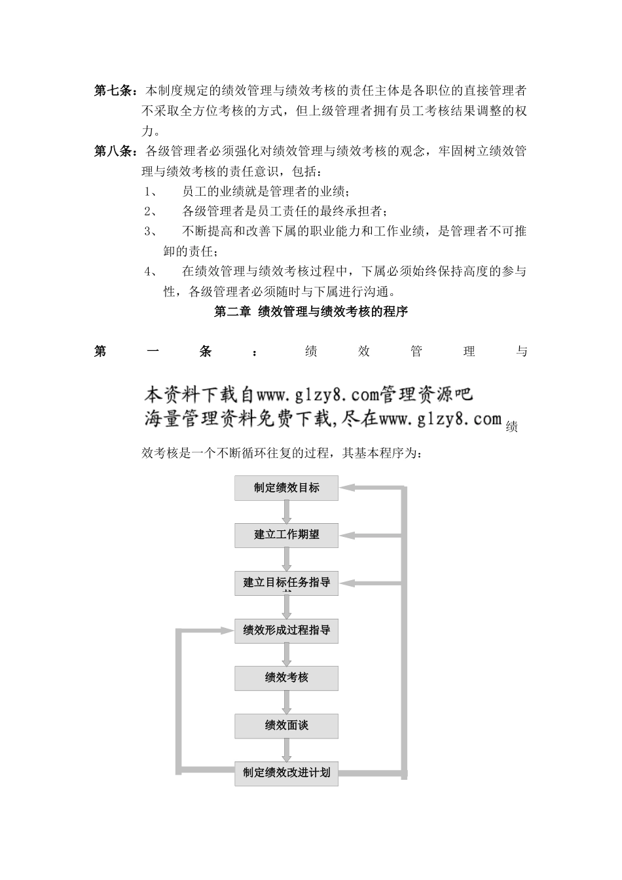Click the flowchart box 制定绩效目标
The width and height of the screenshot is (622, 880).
click(286, 488)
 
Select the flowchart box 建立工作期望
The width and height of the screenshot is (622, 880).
click(286, 535)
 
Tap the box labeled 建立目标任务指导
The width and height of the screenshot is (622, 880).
click(286, 583)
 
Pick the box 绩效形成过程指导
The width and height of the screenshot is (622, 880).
click(286, 631)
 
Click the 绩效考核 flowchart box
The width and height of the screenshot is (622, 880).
click(286, 678)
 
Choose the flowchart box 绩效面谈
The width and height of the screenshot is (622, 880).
click(286, 725)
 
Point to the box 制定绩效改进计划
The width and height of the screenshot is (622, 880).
click(286, 773)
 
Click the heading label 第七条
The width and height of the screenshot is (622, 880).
click(114, 90)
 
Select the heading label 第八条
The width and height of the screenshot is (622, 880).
click(114, 151)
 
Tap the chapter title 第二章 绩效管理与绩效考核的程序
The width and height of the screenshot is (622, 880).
click(311, 312)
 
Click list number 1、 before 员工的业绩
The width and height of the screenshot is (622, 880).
click(150, 192)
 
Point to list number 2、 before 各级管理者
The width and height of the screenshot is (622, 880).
click(150, 211)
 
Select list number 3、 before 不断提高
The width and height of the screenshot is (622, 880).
click(150, 231)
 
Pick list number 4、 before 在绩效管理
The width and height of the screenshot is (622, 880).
click(150, 271)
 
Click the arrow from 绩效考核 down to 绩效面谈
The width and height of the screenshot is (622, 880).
click(286, 702)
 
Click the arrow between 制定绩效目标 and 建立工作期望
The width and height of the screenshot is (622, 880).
click(286, 511)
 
